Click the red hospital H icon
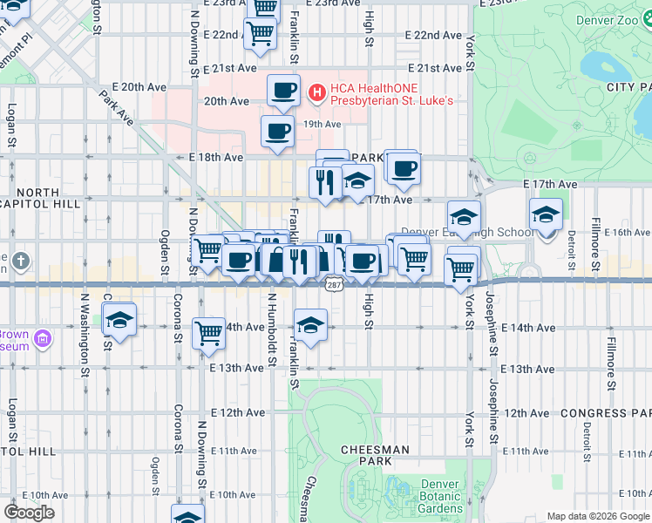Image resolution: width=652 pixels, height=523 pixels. (317, 91)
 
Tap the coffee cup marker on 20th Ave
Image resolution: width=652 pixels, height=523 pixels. (283, 90)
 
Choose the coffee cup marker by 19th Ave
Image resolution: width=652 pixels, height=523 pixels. (278, 132)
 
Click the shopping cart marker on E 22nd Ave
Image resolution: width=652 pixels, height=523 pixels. (260, 32)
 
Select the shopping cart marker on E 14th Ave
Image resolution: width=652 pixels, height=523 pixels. (208, 332)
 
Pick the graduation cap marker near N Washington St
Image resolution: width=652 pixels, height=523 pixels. (119, 320)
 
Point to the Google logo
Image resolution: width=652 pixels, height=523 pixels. (29, 512)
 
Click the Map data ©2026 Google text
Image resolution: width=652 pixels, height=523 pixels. (597, 516)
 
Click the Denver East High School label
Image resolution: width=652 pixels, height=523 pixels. (466, 233)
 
